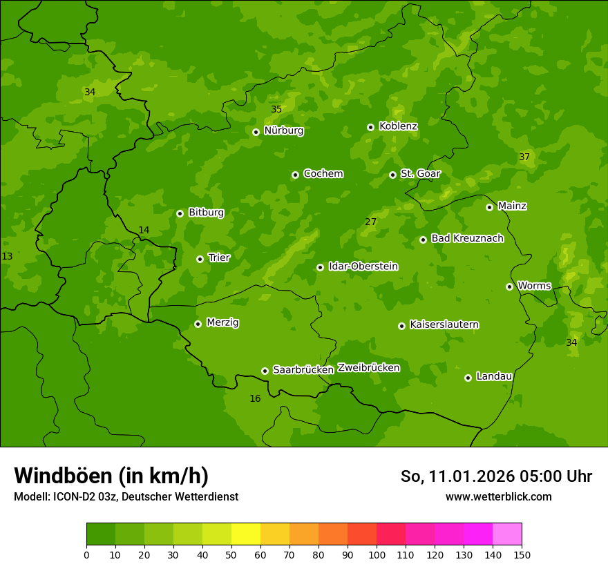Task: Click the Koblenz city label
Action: [398, 126]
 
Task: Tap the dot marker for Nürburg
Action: [256, 132]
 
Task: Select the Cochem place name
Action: [323, 174]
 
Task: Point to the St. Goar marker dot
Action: [392, 175]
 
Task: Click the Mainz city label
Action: [512, 206]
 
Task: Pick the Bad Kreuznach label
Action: [467, 239]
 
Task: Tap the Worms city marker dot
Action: [509, 286]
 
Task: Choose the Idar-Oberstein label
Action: [363, 266]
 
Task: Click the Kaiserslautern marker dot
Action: [401, 326]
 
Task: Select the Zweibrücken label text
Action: [368, 368]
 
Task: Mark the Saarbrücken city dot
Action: [265, 371]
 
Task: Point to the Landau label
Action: [494, 377]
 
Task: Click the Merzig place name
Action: [222, 323]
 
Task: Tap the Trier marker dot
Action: [200, 259]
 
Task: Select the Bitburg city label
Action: [206, 213]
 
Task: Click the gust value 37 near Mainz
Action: [524, 157]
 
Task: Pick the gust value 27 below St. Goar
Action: [371, 222]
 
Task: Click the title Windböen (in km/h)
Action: [111, 476]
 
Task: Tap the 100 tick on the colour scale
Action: [377, 555]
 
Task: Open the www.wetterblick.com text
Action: [498, 497]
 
